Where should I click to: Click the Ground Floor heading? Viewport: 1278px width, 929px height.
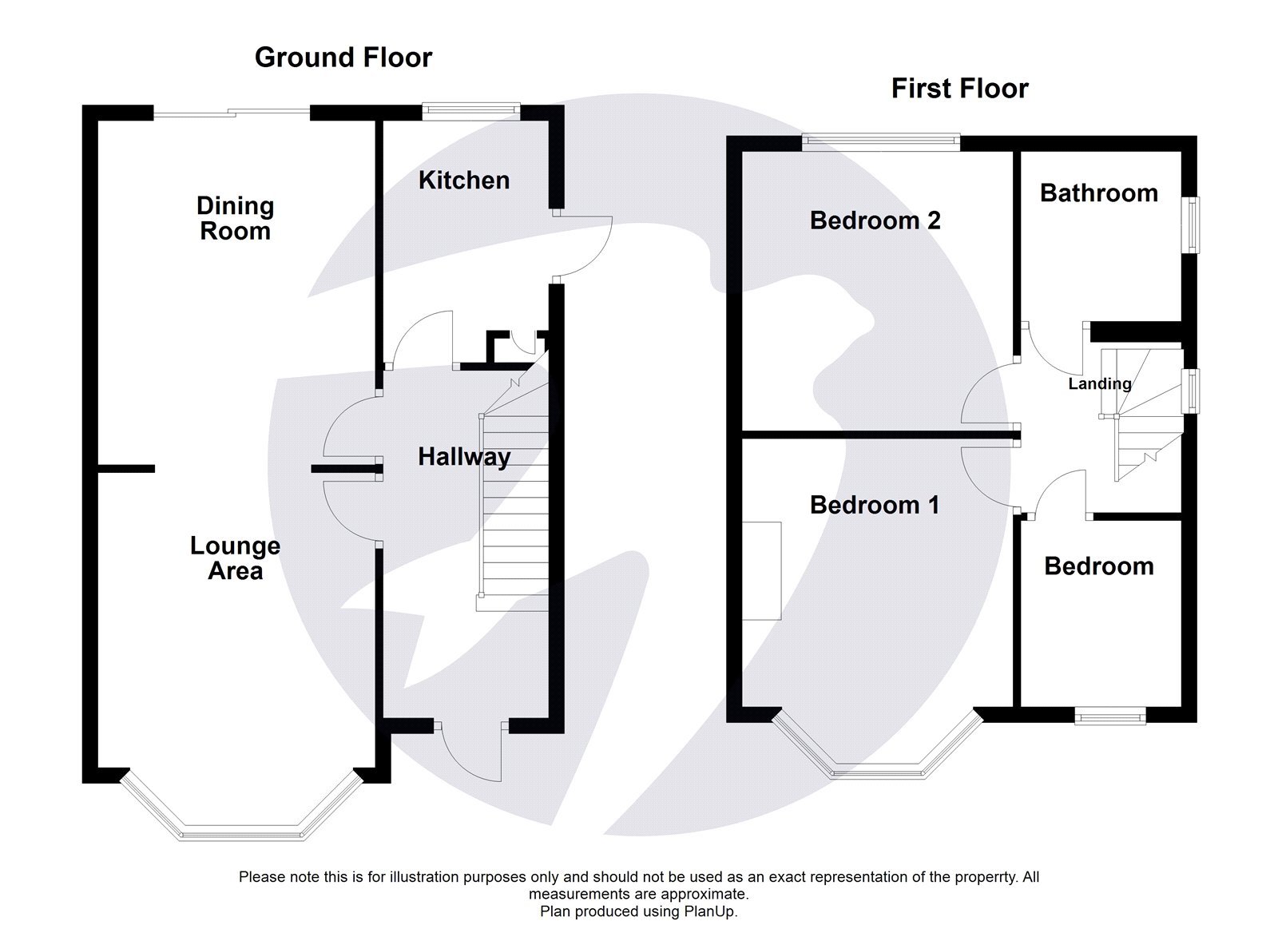(343, 58)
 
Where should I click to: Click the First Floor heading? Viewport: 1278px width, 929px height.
(959, 88)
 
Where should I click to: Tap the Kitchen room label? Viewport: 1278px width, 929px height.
(464, 181)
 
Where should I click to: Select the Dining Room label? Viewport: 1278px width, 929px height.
(235, 218)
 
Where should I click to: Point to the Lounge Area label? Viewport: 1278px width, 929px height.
(235, 558)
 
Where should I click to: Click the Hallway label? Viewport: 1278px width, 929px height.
(464, 457)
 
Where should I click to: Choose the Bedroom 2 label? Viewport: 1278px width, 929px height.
(875, 220)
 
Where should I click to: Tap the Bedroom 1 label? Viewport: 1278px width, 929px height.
(874, 505)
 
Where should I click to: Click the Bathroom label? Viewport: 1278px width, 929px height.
(1098, 193)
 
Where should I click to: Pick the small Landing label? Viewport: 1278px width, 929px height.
(1100, 383)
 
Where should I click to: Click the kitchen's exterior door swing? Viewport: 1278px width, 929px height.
(587, 246)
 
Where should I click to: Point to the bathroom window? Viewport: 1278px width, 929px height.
(1191, 225)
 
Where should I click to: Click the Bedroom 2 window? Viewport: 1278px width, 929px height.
(881, 142)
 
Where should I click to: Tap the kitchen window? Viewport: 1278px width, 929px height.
(471, 111)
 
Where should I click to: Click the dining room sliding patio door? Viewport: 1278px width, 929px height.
(232, 113)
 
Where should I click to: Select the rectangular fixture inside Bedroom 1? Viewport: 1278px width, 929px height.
(761, 570)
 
